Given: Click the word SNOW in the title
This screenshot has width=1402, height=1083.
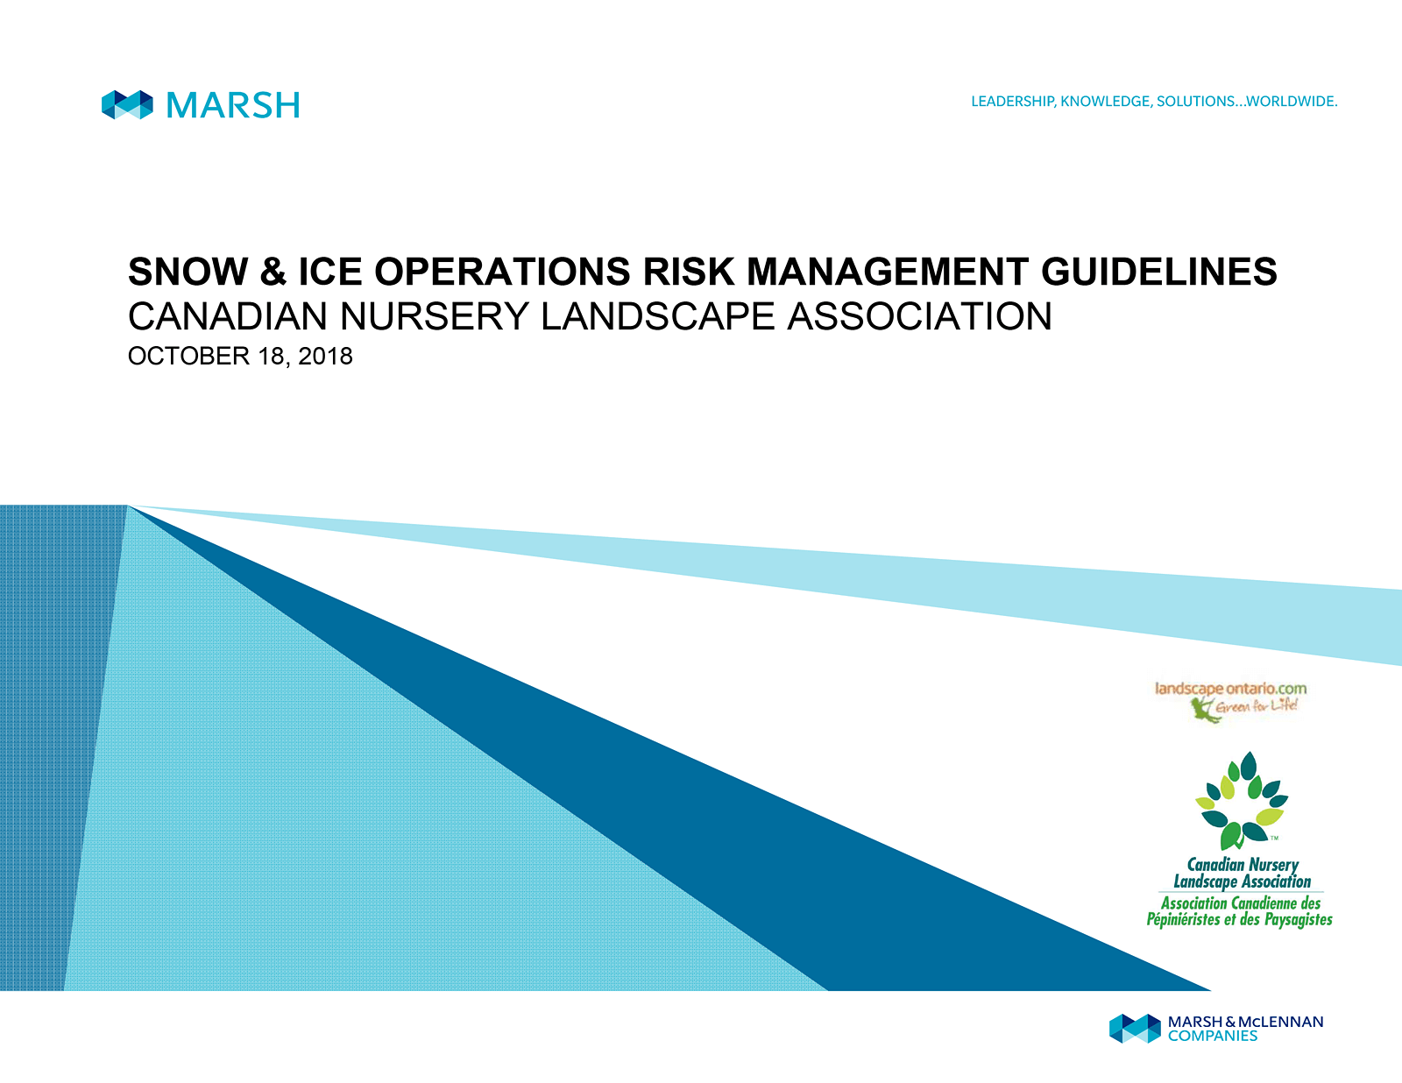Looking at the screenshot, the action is point(188,271).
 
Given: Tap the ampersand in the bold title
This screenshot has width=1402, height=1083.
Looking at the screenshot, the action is point(273,271).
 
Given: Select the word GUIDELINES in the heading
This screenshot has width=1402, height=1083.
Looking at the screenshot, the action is point(1158,271).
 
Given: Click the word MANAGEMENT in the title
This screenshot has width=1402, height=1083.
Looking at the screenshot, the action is point(887,271).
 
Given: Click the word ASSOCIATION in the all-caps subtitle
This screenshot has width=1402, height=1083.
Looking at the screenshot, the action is point(919,316).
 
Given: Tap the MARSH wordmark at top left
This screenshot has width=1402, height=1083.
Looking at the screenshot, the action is point(233,104).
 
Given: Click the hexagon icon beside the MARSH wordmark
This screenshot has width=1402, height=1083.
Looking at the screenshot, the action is point(127,104).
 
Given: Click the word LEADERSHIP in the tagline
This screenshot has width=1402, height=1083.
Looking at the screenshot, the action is point(1013,102).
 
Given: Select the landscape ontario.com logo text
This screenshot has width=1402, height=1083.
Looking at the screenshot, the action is point(1230,689).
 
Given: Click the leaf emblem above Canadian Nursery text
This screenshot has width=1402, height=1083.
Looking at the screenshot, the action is point(1242,801).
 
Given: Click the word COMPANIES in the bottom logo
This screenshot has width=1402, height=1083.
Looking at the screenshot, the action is point(1213,1036).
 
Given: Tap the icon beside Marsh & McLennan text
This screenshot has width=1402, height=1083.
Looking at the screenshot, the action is point(1135,1028).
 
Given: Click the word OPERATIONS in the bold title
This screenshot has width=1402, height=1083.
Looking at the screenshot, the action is point(502,271).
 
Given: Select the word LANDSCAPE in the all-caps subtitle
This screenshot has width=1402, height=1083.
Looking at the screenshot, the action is point(657,316).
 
